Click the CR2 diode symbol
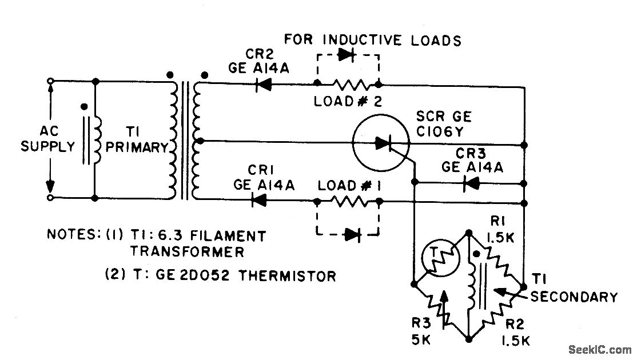coord(265,85)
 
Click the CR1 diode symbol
coord(260,200)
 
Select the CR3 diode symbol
coord(471,183)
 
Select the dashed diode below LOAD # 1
coord(350,233)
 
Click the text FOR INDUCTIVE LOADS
coord(373,40)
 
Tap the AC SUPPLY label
coord(49,139)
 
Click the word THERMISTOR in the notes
coord(288,276)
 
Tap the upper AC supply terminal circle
coord(51,82)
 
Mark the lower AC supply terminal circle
coord(51,198)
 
